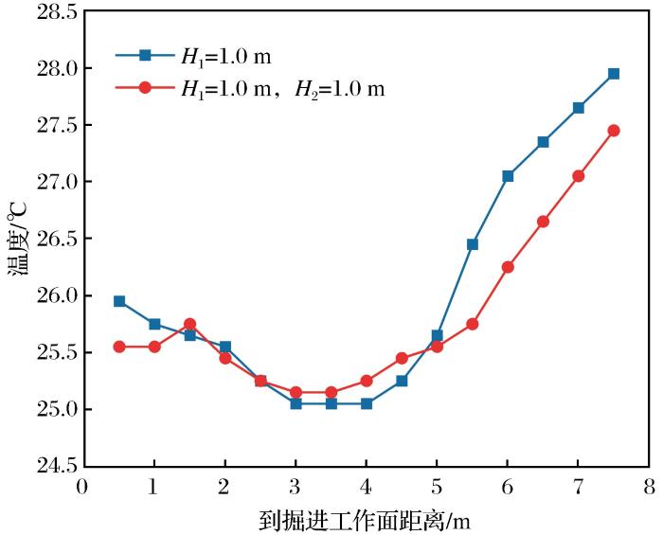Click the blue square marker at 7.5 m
pyautogui.click(x=614, y=73)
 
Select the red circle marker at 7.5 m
pyautogui.click(x=614, y=131)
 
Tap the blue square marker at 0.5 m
pyautogui.click(x=119, y=301)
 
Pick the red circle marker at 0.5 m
pyautogui.click(x=119, y=347)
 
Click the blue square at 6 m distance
pyautogui.click(x=508, y=176)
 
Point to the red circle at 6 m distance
pyautogui.click(x=508, y=267)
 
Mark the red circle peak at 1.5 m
pyautogui.click(x=189, y=324)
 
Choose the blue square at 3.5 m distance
pyautogui.click(x=331, y=403)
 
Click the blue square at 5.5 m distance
pyautogui.click(x=473, y=244)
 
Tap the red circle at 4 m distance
pyautogui.click(x=367, y=381)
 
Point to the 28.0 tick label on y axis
pyautogui.click(x=53, y=69)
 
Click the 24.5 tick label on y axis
pyautogui.click(x=53, y=466)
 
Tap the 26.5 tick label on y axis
pyautogui.click(x=53, y=239)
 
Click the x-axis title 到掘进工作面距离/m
pyautogui.click(x=365, y=519)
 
